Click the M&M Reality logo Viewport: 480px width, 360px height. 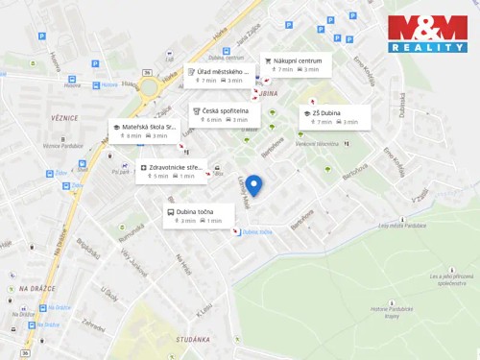pyautogui.click(x=427, y=34)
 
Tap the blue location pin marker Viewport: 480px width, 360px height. pyautogui.click(x=253, y=185)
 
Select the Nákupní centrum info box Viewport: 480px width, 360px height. pyautogui.click(x=296, y=64)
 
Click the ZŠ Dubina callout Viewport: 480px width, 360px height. pyautogui.click(x=335, y=117)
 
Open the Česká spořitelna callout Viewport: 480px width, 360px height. pyautogui.click(x=224, y=114)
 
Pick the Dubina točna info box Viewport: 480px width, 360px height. pyautogui.click(x=199, y=216)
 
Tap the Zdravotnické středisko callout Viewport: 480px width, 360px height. pyautogui.click(x=171, y=171)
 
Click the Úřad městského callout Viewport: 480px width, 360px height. pyautogui.click(x=218, y=76)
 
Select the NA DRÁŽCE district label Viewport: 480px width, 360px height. pyautogui.click(x=37, y=288)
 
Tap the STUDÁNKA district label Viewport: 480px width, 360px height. pyautogui.click(x=193, y=339)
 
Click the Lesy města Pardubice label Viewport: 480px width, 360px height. pyautogui.click(x=402, y=226)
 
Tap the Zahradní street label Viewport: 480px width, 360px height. pyautogui.click(x=93, y=325)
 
